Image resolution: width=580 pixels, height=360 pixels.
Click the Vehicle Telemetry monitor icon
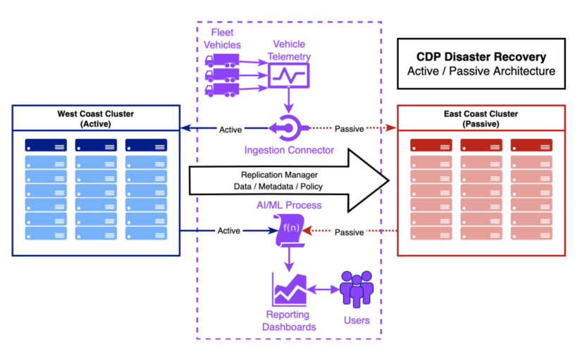click(289, 75)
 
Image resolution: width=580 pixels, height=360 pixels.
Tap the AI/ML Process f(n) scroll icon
click(288, 230)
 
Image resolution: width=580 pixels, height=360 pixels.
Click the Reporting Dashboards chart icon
click(289, 289)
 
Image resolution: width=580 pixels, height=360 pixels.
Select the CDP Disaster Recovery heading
click(481, 57)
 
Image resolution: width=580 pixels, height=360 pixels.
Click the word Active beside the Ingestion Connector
click(230, 130)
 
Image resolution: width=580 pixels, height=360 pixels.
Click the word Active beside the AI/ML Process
click(228, 231)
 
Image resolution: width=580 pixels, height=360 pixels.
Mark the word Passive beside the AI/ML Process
click(349, 232)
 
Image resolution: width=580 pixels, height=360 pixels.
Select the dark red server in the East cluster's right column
click(531, 145)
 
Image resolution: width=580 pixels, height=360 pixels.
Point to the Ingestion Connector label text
click(289, 150)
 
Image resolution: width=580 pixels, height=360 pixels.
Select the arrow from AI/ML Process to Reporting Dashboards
click(288, 260)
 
